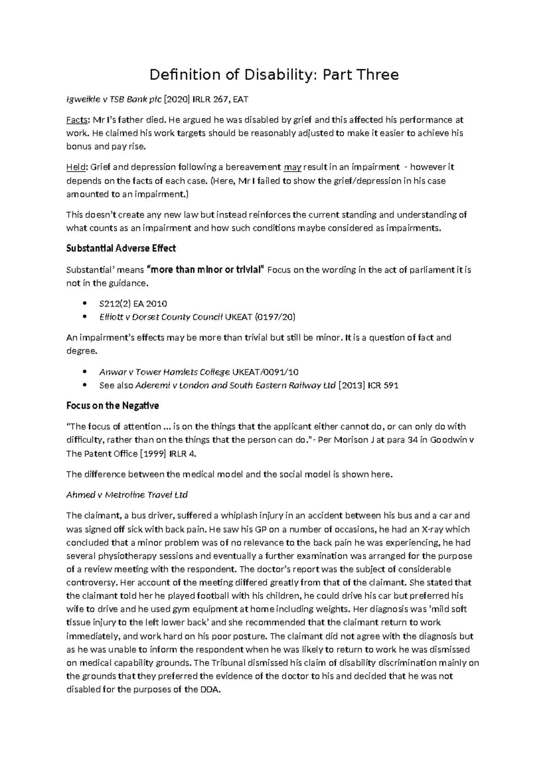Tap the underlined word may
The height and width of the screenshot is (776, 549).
click(292, 167)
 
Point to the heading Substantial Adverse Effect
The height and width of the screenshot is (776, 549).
click(121, 248)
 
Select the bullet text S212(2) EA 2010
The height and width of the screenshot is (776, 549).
click(133, 304)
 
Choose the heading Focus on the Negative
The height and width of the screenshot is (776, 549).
click(113, 406)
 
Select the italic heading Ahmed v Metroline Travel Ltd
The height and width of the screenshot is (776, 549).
click(127, 495)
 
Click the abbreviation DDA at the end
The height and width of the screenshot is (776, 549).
click(210, 690)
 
